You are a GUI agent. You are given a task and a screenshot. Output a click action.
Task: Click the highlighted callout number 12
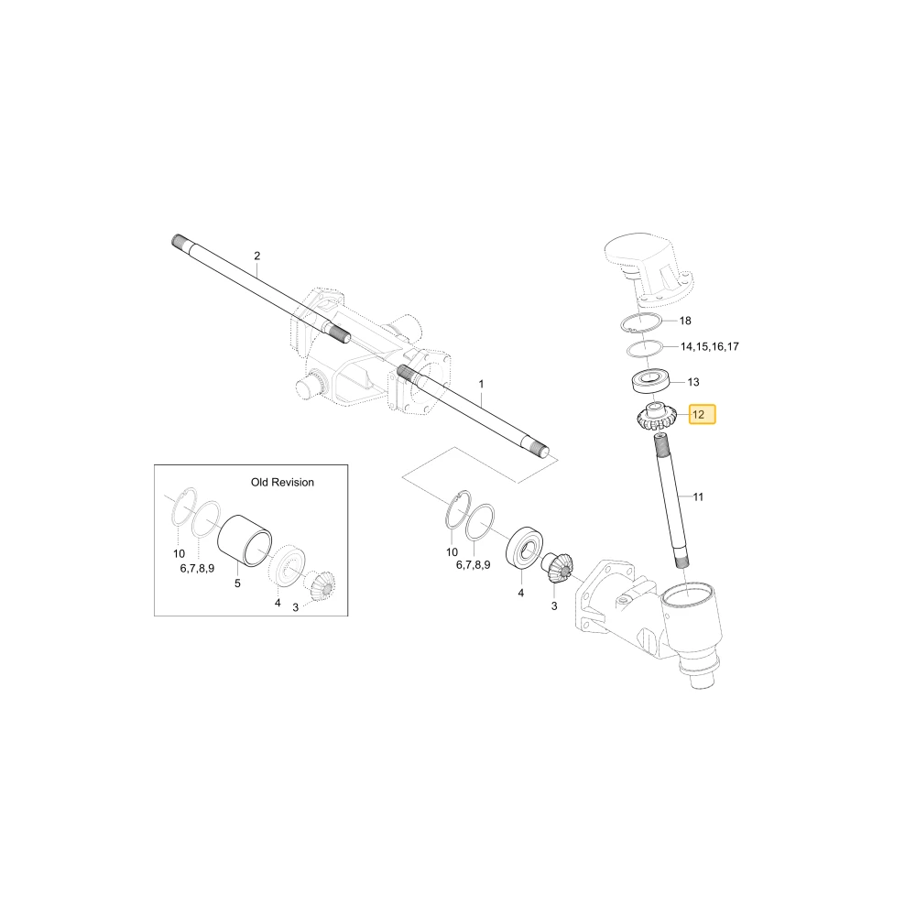(x=699, y=415)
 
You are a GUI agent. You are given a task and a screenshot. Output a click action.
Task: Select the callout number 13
(x=693, y=382)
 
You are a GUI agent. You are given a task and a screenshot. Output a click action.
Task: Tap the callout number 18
(x=685, y=321)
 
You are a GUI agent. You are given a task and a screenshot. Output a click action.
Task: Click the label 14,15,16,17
(x=710, y=346)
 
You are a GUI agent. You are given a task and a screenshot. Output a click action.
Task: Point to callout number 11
(x=698, y=497)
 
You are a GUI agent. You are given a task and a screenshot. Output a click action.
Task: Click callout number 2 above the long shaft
(x=257, y=256)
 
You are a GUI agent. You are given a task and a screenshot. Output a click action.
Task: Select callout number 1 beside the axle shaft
(x=482, y=385)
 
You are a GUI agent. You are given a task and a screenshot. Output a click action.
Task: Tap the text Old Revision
(x=282, y=482)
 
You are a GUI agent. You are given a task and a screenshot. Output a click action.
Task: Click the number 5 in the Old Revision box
(x=237, y=583)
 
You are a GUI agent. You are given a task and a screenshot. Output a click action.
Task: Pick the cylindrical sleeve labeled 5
(x=245, y=540)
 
